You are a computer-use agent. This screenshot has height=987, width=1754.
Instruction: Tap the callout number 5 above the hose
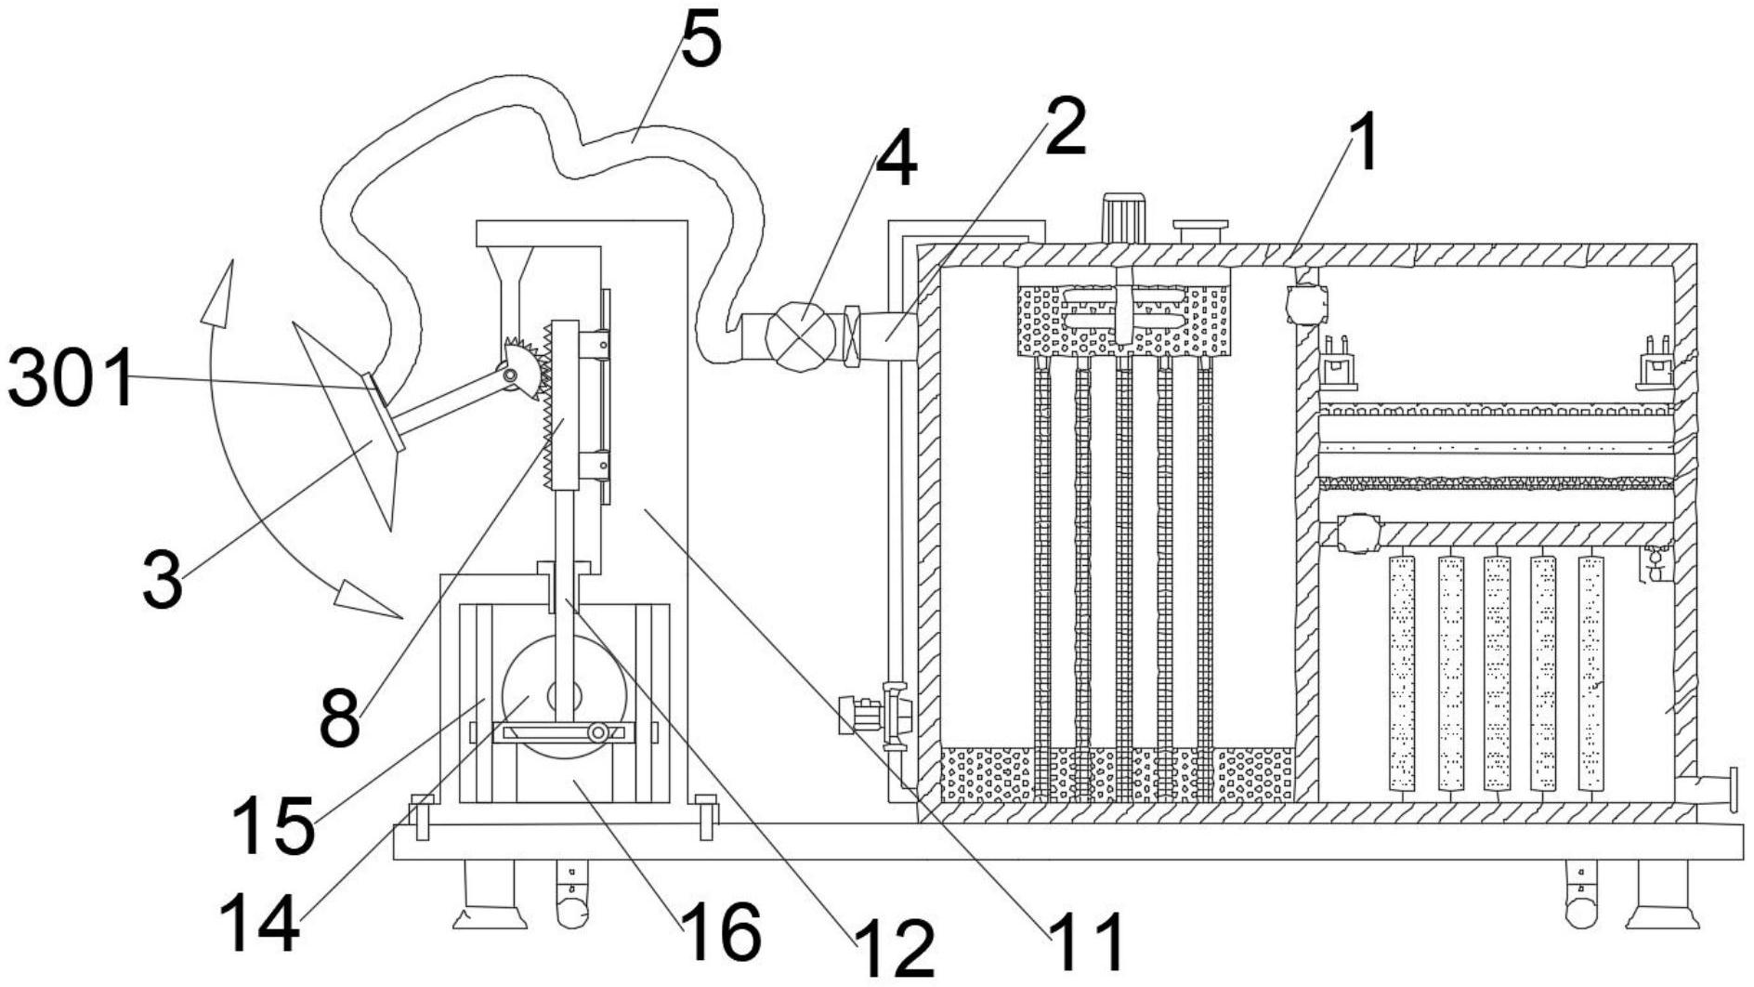(x=700, y=42)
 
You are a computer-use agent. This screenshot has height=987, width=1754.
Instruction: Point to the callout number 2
(x=1065, y=126)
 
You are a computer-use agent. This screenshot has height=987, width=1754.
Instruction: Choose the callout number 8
(x=339, y=718)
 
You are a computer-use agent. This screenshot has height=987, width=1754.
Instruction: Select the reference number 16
(x=721, y=932)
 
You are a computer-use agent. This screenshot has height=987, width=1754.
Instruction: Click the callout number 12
(x=894, y=948)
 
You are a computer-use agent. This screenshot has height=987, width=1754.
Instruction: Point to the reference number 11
(x=1087, y=941)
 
